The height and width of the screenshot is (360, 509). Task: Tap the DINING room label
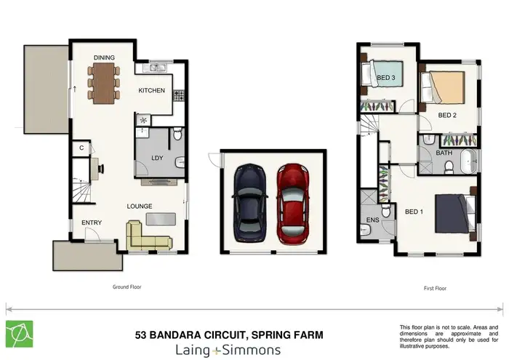coord(105,57)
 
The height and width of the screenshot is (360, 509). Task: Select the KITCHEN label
coord(152,91)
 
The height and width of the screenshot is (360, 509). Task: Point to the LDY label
coord(156,157)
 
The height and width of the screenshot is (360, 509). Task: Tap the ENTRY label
coord(91,223)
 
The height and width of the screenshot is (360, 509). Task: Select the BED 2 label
coord(446,116)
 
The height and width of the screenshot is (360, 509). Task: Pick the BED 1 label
coord(413,212)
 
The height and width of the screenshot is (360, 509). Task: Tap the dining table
coord(106,79)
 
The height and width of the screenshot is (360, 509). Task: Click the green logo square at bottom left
coord(20,334)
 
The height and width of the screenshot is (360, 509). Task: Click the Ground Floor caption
coord(127,287)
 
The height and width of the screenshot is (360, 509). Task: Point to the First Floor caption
coord(434,288)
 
